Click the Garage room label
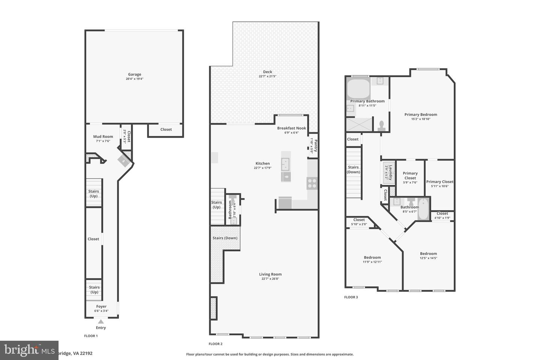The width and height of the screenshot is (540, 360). tap(134, 75)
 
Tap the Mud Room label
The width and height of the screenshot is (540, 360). tap(103, 137)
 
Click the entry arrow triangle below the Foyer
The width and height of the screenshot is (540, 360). tap(100, 321)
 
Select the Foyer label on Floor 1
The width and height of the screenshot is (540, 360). tap(101, 306)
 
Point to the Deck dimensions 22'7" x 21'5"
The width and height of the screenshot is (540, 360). tap(267, 76)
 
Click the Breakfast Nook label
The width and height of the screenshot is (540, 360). tap(291, 128)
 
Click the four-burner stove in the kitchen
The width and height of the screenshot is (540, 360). tap(312, 183)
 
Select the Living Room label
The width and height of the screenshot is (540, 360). tap(270, 274)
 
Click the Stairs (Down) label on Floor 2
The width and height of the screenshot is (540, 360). tap(225, 238)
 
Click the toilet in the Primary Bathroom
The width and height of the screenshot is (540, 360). tap(382, 125)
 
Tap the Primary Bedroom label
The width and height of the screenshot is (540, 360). tap(420, 115)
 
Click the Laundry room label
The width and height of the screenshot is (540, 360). tap(390, 172)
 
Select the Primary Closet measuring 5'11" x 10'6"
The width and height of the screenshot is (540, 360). tap(439, 182)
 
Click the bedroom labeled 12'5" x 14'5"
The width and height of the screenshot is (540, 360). tap(428, 254)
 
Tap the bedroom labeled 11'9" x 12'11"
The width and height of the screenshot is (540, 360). tap(372, 258)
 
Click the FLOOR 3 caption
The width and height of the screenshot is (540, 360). tap(351, 297)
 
